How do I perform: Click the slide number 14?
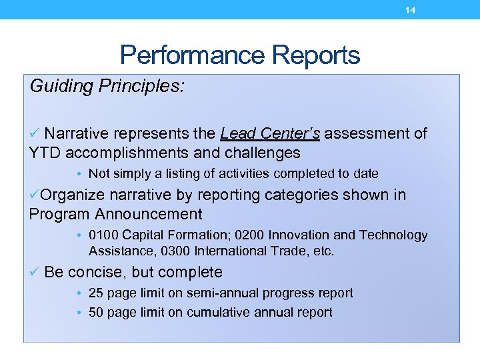coord(411,10)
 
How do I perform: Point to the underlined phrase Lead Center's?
coord(270,134)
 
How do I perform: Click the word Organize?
coord(72,195)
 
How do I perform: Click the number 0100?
coord(103,235)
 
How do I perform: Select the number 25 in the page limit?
coord(96,293)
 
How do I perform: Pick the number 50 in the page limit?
coord(96,313)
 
